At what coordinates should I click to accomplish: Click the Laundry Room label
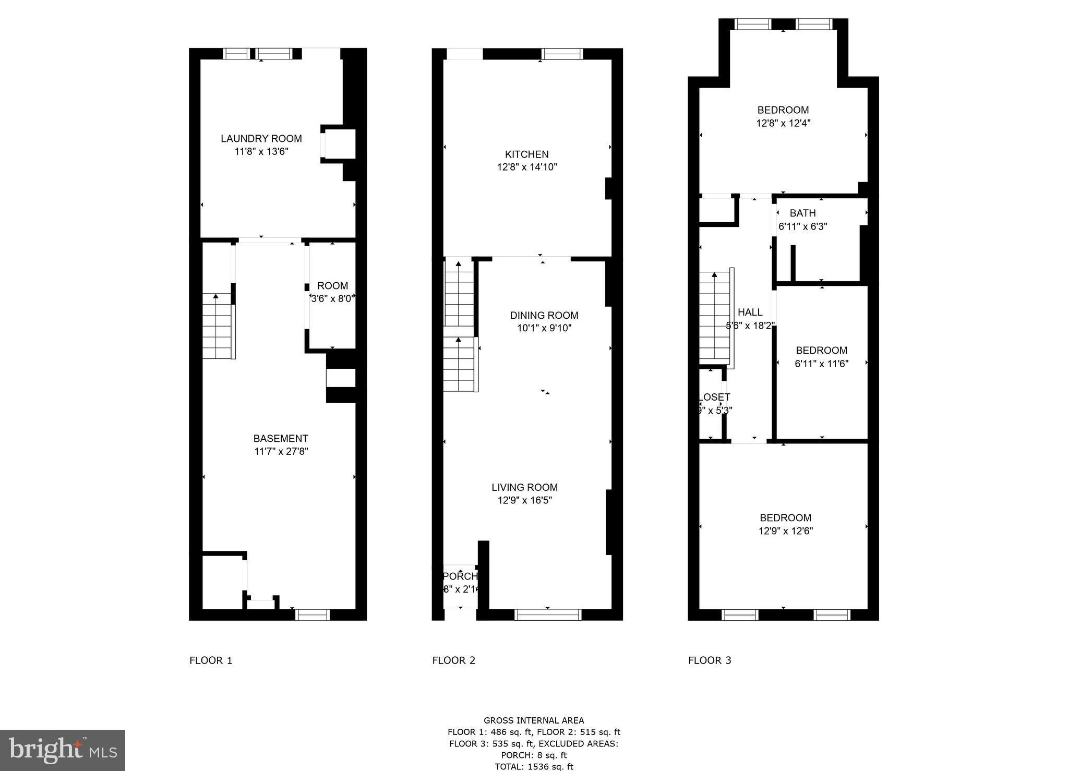pyautogui.click(x=261, y=139)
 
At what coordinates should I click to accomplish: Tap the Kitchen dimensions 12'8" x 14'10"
pyautogui.click(x=527, y=167)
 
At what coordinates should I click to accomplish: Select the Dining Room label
pyautogui.click(x=544, y=315)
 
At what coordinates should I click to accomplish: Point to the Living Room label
pyautogui.click(x=524, y=487)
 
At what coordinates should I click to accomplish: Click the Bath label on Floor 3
pyautogui.click(x=802, y=213)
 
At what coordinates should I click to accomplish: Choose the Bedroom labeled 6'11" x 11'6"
pyautogui.click(x=821, y=351)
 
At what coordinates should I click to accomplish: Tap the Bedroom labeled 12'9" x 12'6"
pyautogui.click(x=785, y=518)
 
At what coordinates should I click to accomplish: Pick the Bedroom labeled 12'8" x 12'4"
pyautogui.click(x=783, y=110)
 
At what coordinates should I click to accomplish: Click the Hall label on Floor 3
pyautogui.click(x=750, y=312)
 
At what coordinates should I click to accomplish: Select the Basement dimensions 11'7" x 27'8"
pyautogui.click(x=281, y=452)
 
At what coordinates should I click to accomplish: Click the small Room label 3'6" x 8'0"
pyautogui.click(x=332, y=286)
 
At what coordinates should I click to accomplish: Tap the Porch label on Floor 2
pyautogui.click(x=460, y=576)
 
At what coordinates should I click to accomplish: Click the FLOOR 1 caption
pyautogui.click(x=211, y=660)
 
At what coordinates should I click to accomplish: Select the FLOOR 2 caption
pyautogui.click(x=453, y=660)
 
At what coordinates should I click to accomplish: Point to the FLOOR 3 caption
pyautogui.click(x=710, y=660)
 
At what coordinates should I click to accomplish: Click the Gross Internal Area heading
pyautogui.click(x=533, y=720)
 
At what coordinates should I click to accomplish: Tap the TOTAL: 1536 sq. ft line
pyautogui.click(x=533, y=766)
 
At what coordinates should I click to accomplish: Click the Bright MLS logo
pyautogui.click(x=63, y=750)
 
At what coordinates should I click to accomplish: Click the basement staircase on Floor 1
pyautogui.click(x=217, y=327)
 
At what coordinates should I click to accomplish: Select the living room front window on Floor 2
pyautogui.click(x=547, y=615)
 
